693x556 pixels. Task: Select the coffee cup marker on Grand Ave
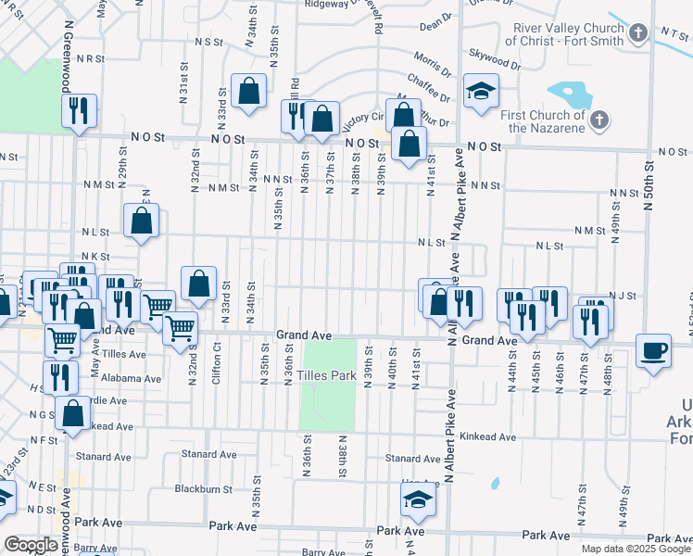pos(654,350)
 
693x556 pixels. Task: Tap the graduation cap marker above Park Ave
pos(418,500)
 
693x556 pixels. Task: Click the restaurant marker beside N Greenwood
pos(79,111)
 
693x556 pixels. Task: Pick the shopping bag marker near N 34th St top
pos(248,91)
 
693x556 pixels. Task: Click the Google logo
pos(30,545)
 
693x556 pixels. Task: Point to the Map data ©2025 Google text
pos(635,549)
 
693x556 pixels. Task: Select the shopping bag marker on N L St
pos(141,221)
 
